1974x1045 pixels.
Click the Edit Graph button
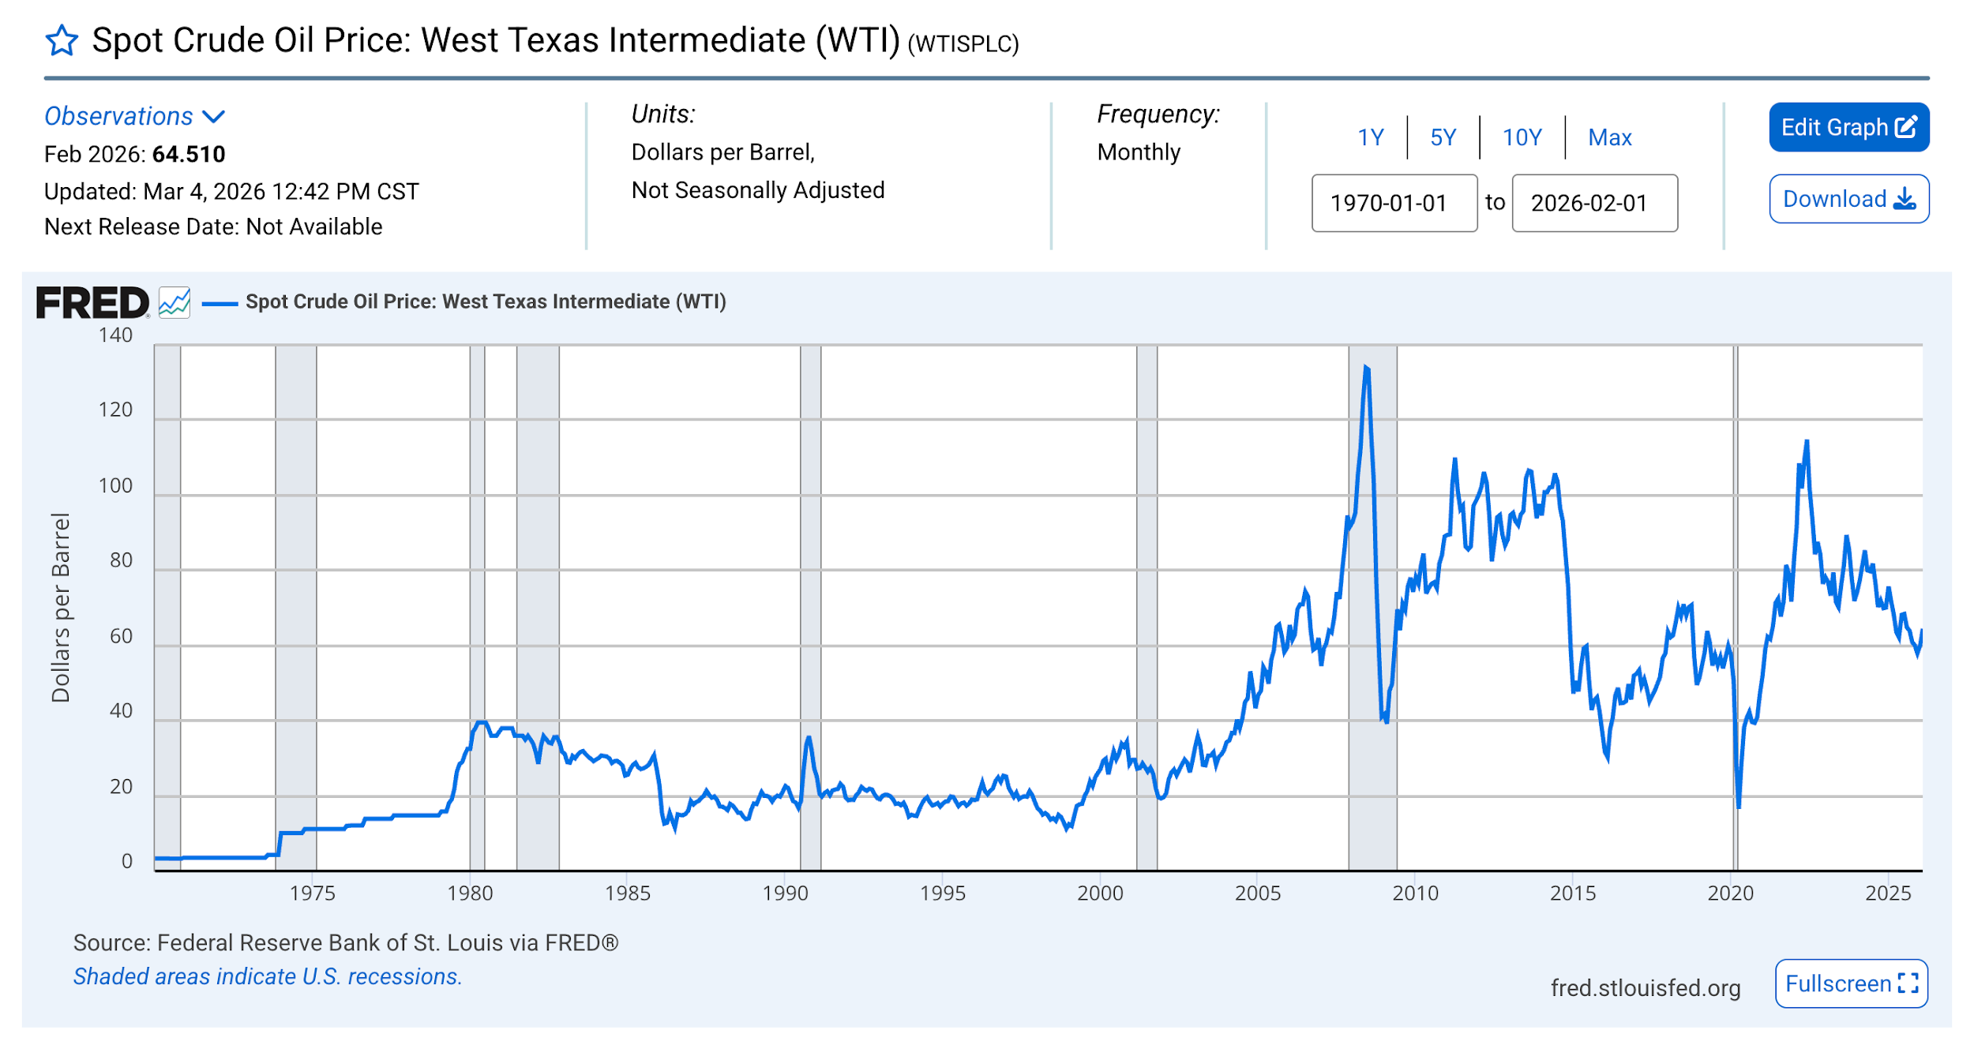click(x=1848, y=127)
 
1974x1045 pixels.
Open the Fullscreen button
click(x=1850, y=983)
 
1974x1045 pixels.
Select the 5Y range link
click(x=1443, y=137)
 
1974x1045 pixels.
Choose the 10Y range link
click(x=1522, y=137)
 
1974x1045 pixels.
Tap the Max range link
click(x=1609, y=137)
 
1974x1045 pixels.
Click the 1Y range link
click(x=1371, y=137)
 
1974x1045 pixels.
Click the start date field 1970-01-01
click(x=1394, y=203)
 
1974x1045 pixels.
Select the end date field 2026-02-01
click(x=1594, y=203)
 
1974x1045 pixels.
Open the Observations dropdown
click(x=134, y=116)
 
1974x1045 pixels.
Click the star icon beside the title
click(x=62, y=40)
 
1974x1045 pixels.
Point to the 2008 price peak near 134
click(x=1366, y=368)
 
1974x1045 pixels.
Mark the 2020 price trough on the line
click(x=1738, y=807)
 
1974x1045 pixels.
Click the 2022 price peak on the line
click(x=1807, y=442)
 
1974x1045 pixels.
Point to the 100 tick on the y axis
click(x=115, y=485)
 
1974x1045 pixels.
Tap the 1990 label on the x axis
click(x=785, y=893)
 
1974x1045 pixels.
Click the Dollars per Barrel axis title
click(x=61, y=607)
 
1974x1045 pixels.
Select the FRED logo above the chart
click(x=92, y=303)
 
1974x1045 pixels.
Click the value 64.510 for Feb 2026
click(x=189, y=154)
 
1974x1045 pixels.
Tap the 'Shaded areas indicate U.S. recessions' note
click(x=267, y=976)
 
